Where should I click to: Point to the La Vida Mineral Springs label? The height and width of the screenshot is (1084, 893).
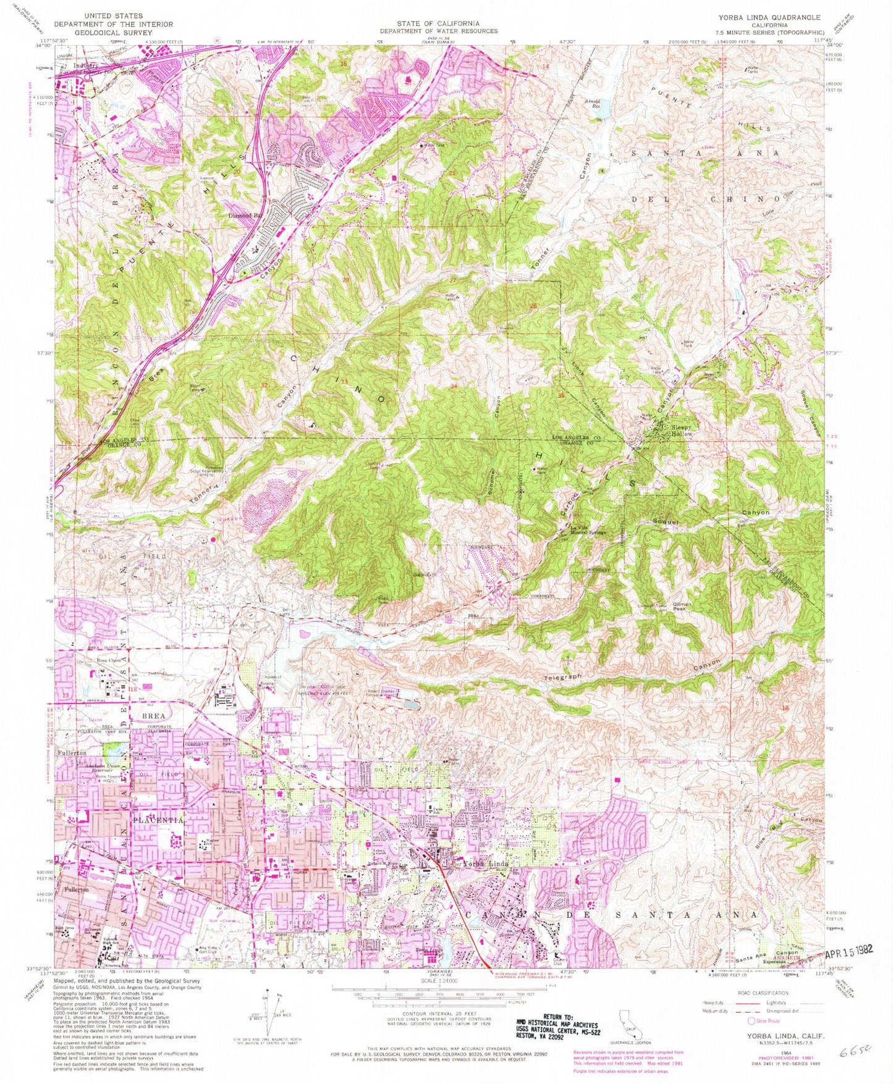tap(586, 530)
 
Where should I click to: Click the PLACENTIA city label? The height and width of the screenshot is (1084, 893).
tap(156, 820)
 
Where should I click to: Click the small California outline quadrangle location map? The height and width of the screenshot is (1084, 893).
tap(626, 1016)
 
